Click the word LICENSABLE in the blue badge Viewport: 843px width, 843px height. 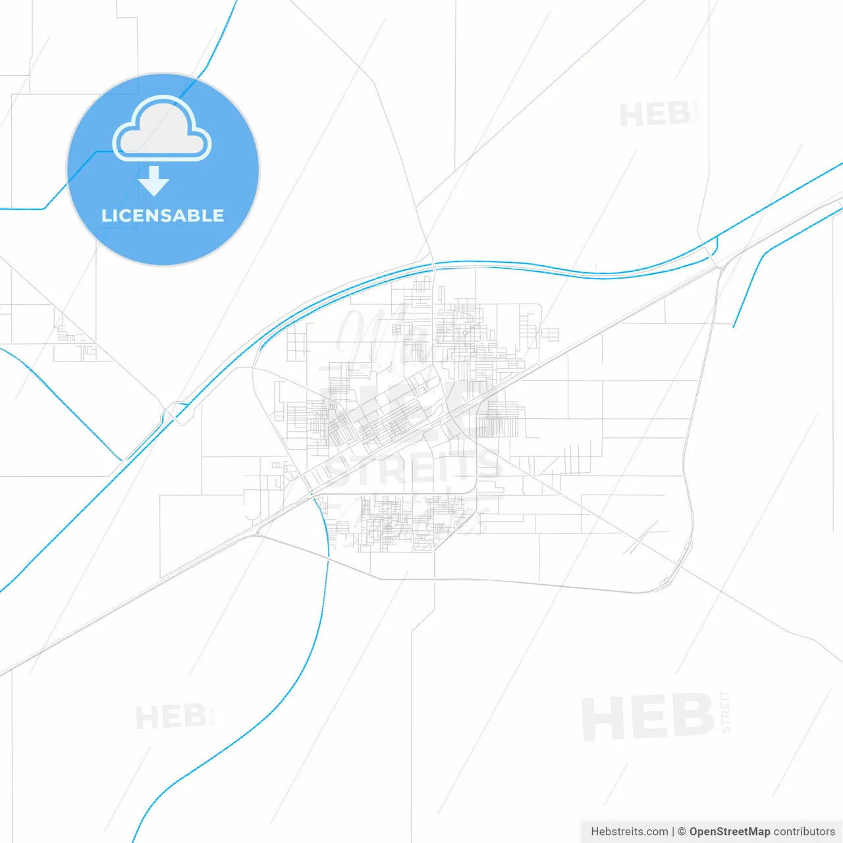[x=163, y=215]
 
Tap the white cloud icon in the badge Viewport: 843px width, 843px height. [x=162, y=130]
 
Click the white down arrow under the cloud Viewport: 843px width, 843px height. [x=153, y=181]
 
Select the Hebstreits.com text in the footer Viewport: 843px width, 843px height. [x=629, y=832]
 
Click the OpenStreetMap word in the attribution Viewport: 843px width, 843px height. [x=730, y=832]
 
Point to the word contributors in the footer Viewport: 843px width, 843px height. [x=804, y=832]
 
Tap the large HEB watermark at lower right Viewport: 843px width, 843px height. [x=648, y=717]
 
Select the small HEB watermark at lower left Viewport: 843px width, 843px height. [x=171, y=717]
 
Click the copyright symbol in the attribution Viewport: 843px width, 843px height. [x=682, y=832]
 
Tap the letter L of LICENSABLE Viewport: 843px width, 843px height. [x=105, y=215]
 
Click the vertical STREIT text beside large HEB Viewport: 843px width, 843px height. [x=725, y=711]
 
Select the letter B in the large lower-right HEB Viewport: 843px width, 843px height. [x=692, y=717]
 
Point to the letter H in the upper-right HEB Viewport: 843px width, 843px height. [x=631, y=115]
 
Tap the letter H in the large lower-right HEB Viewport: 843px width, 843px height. [x=603, y=717]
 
